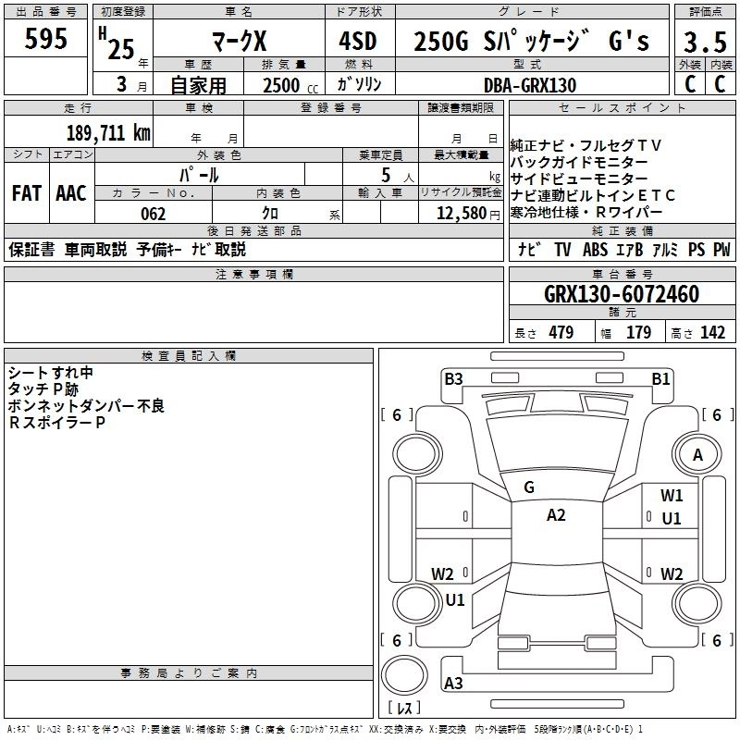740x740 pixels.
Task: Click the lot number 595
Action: point(45,40)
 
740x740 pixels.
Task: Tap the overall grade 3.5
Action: point(703,43)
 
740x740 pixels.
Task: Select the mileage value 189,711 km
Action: point(108,132)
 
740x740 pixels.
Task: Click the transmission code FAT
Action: point(26,193)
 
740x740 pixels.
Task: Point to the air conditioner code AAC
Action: point(71,193)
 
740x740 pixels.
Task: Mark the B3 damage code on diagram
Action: point(452,378)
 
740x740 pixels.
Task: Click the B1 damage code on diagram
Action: point(660,378)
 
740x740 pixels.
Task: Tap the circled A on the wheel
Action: point(697,454)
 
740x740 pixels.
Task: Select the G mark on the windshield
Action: point(529,487)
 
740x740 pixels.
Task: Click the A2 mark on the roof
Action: point(555,515)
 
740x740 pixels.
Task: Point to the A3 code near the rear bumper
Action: point(453,684)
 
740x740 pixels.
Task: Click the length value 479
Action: point(561,333)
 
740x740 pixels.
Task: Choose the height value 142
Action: point(712,333)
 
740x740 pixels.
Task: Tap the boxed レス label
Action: point(406,708)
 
